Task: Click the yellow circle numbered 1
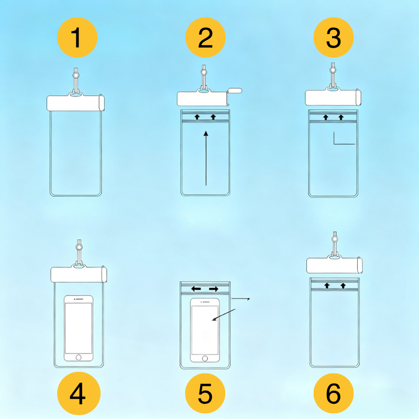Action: point(77,37)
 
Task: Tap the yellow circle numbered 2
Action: point(205,37)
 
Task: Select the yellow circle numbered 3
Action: point(334,37)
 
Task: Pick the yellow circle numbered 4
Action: point(79,393)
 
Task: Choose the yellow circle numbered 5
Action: point(205,393)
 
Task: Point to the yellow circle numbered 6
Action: point(334,393)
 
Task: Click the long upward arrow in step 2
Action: point(206,158)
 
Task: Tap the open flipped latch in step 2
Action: point(234,91)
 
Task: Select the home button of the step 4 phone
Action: point(79,357)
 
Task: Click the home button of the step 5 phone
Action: point(205,358)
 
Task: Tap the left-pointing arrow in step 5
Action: point(196,289)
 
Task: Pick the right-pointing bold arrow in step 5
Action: point(214,289)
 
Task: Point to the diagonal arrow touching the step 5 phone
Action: point(224,315)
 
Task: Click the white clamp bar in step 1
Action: point(75,103)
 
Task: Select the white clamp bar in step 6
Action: point(334,265)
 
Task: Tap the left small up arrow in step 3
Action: point(325,117)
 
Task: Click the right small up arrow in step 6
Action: point(343,285)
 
